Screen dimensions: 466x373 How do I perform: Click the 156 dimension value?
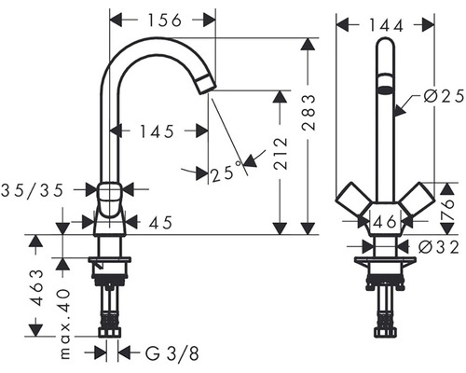click(x=164, y=21)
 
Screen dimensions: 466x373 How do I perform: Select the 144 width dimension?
click(x=386, y=26)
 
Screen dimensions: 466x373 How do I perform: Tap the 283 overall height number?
click(x=309, y=112)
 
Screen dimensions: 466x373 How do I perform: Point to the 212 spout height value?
click(x=281, y=154)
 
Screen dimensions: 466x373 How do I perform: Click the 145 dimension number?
click(x=157, y=131)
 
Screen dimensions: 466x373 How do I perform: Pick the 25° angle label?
click(x=226, y=173)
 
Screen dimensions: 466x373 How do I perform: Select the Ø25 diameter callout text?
click(x=444, y=97)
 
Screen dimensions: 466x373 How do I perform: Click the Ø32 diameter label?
click(x=438, y=247)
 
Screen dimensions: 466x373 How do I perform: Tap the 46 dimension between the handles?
click(x=385, y=222)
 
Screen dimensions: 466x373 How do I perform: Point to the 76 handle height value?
click(x=447, y=209)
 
